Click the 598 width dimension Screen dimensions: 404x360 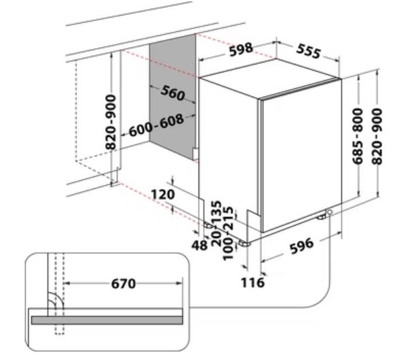(241, 49)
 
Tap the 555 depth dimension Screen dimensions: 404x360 (308, 51)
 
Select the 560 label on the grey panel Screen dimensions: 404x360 (172, 93)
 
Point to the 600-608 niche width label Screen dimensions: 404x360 (156, 126)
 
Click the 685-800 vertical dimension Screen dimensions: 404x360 (358, 136)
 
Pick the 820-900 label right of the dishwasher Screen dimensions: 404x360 (377, 136)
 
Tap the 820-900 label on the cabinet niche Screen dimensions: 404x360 (111, 122)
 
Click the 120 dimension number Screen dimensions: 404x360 (163, 194)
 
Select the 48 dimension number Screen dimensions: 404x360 (199, 245)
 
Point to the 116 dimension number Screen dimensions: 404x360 (252, 282)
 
